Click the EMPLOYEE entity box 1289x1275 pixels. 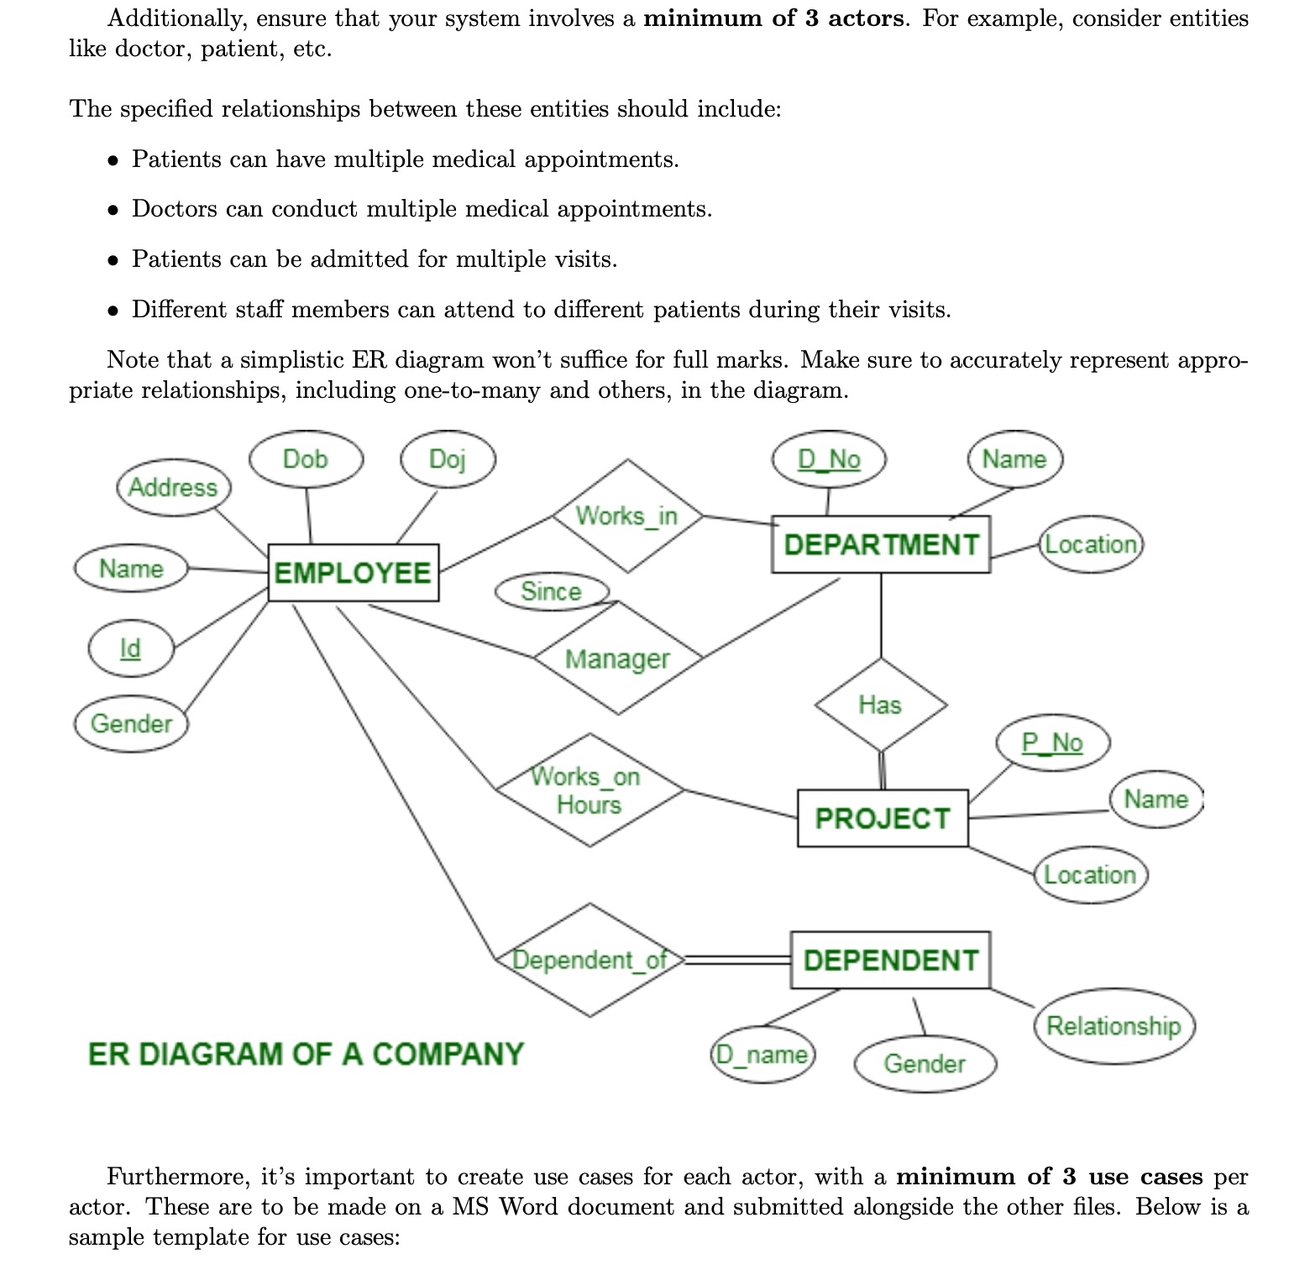[x=353, y=572]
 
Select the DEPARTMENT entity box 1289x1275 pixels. [x=880, y=545]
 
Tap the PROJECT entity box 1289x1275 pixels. [x=882, y=818]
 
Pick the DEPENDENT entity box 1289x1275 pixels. [x=890, y=960]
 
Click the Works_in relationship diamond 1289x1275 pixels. [x=626, y=515]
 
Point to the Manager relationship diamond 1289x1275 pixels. [x=618, y=659]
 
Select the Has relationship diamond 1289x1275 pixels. [x=880, y=704]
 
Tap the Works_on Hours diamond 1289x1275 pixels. [x=589, y=790]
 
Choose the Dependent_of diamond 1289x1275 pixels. [x=589, y=959]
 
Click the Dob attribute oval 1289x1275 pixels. [x=306, y=459]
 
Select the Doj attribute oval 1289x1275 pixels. [x=448, y=459]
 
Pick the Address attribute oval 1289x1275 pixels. [x=173, y=487]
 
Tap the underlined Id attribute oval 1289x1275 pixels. [x=131, y=648]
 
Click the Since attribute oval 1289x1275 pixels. [x=551, y=591]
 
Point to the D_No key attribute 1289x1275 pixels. [x=829, y=459]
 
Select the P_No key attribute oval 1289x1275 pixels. [x=1052, y=743]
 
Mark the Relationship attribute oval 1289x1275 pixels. [x=1113, y=1026]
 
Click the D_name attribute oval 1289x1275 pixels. [x=762, y=1054]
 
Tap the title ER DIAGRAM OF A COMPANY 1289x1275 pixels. [x=306, y=1054]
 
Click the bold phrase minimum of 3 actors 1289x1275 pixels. [x=774, y=18]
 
